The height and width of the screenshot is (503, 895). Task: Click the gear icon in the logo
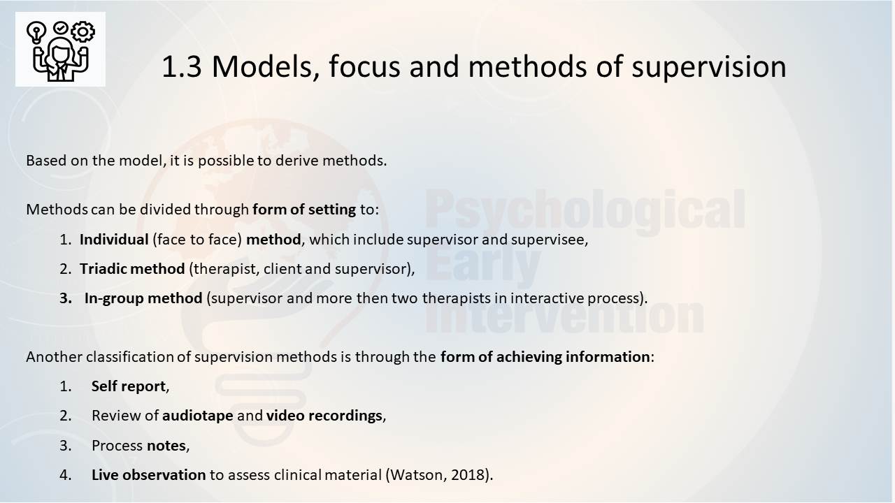tap(83, 31)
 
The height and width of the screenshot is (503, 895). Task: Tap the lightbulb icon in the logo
tap(36, 32)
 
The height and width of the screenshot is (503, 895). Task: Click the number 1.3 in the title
tap(182, 66)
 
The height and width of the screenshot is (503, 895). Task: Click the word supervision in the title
tap(709, 67)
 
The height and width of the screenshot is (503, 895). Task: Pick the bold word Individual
tap(114, 240)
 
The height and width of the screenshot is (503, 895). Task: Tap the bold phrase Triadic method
tap(132, 269)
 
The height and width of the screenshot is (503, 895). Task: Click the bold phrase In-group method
tap(143, 298)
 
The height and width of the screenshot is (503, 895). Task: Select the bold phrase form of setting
tap(304, 209)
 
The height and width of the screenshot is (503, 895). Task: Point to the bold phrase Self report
tap(128, 386)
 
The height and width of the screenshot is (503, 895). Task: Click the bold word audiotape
tap(197, 416)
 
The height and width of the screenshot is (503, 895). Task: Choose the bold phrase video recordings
tap(324, 416)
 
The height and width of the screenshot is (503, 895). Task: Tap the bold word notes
tap(166, 446)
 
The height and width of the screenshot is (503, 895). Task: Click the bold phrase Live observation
tap(149, 475)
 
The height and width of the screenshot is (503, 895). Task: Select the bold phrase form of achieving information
tap(545, 357)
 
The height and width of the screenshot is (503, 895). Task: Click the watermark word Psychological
tap(585, 210)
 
